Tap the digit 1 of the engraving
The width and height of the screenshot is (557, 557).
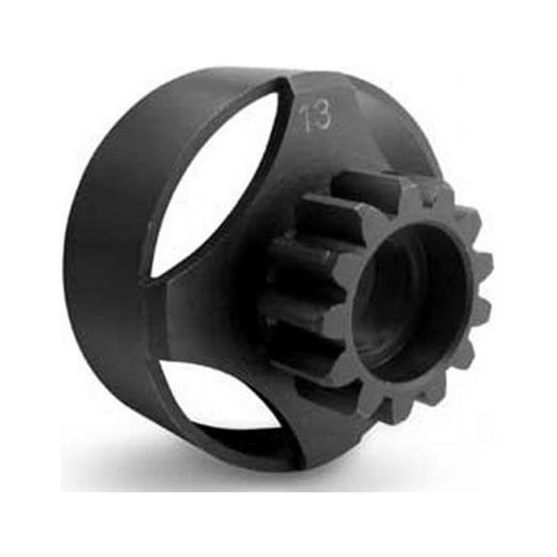pos(307,117)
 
